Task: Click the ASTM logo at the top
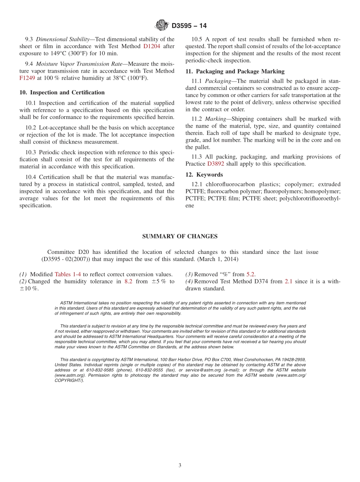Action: [x=161, y=25]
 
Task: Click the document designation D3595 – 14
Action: [x=189, y=26]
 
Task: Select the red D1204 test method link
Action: [x=152, y=46]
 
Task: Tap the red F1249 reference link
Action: [x=27, y=78]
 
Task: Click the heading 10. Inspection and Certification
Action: [x=62, y=92]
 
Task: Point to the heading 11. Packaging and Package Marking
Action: [x=235, y=71]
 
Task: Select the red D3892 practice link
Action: [x=216, y=164]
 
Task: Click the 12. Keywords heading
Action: [x=204, y=175]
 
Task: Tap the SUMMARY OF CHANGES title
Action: [x=180, y=236]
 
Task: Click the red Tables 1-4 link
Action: [x=68, y=274]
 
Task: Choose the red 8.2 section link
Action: [x=128, y=282]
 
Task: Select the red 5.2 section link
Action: [x=250, y=274]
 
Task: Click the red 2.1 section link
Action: [x=288, y=282]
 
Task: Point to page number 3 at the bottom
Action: [x=180, y=466]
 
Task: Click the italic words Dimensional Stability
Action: [x=65, y=39]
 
